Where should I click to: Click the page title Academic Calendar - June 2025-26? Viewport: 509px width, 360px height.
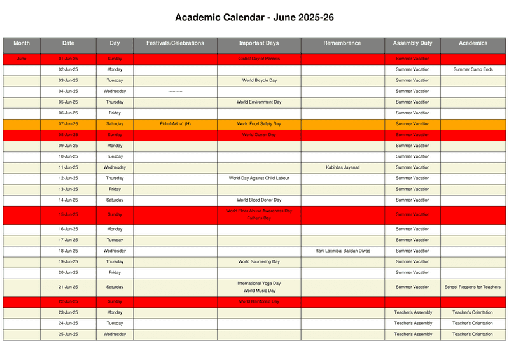254,18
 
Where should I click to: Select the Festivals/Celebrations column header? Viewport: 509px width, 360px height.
175,43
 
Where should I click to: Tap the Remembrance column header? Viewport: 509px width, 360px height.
342,43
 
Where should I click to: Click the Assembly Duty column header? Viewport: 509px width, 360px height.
412,43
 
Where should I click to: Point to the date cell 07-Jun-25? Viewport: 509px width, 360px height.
68,124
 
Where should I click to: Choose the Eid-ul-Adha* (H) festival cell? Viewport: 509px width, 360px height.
175,124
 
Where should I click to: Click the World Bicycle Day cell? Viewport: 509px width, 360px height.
259,81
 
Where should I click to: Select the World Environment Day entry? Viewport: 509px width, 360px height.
259,102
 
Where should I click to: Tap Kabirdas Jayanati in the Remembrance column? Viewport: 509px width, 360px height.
342,167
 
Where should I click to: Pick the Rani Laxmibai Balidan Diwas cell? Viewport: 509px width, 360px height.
342,251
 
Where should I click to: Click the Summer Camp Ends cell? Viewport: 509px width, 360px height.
473,69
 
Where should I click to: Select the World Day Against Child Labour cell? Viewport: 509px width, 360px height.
259,178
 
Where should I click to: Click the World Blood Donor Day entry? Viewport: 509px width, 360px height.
259,200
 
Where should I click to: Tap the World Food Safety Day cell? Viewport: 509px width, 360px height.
259,124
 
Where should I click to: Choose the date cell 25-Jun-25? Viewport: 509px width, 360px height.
68,334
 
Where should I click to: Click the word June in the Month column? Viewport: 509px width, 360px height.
22,59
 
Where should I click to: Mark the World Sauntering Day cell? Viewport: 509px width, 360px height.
259,261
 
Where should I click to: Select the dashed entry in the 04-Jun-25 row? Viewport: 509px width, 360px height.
175,92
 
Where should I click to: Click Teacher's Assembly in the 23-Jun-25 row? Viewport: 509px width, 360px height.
412,312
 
